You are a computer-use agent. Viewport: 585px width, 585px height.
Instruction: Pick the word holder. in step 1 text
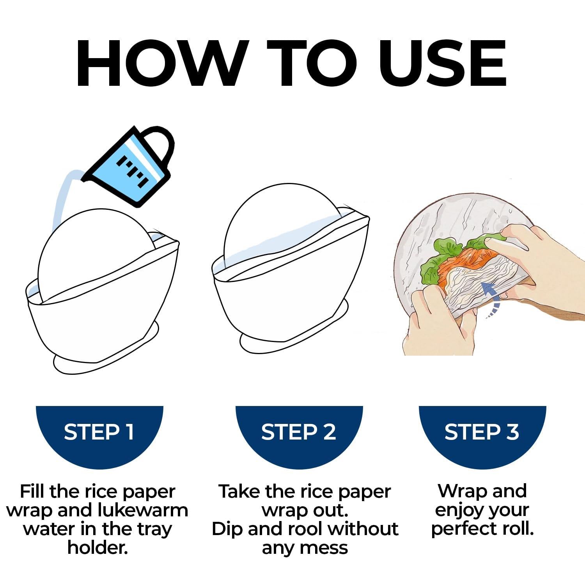(x=98, y=548)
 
